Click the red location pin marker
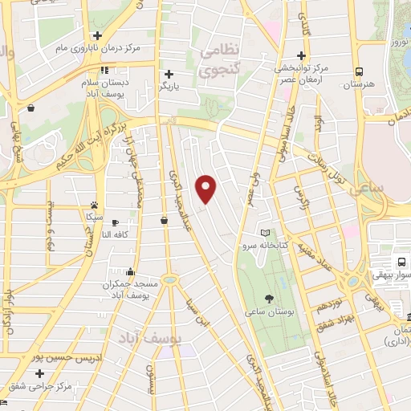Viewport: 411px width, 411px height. pos(207,189)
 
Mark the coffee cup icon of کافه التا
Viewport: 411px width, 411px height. pos(115,222)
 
